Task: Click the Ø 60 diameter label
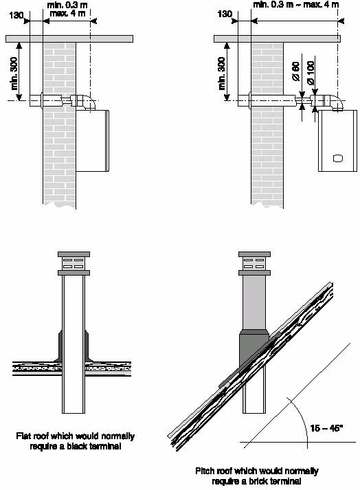point(296,71)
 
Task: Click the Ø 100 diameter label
point(311,73)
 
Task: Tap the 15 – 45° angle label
point(326,428)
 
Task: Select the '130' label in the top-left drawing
point(16,14)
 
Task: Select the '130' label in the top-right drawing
point(225,14)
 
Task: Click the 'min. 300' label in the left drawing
point(14,74)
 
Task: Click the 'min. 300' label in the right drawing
point(222,74)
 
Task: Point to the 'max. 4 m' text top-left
point(67,14)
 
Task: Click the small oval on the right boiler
point(338,158)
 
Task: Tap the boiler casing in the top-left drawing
point(93,141)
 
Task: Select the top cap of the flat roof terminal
point(74,254)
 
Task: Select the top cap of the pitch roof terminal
point(254,254)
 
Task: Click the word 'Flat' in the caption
point(24,436)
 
